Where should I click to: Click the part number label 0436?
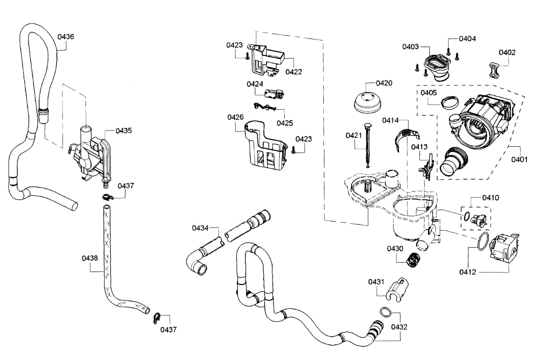pos(66,36)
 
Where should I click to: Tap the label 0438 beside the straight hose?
pos(90,258)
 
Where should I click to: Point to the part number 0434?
pos(200,228)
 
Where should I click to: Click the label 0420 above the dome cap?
pos(371,83)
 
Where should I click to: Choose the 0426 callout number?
pos(235,118)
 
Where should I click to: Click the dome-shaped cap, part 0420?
pos(367,103)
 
